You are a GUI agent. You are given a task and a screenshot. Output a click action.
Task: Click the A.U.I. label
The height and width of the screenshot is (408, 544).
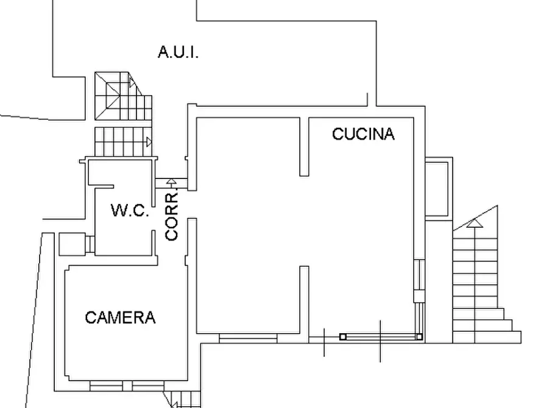coord(178,52)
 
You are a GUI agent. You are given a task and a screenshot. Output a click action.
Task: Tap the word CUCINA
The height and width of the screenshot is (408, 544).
coord(363,134)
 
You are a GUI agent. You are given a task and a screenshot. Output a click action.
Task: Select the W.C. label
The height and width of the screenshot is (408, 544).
coord(130,211)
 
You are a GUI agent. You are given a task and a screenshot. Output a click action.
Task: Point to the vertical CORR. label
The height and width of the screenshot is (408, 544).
coord(172,216)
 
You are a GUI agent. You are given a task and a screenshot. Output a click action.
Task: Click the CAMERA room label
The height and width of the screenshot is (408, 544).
coord(120,317)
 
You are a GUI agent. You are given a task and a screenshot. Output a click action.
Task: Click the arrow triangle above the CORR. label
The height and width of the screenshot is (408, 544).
coord(172,181)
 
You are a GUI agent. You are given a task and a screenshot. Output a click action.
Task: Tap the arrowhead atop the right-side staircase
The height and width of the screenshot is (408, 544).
coord(475,223)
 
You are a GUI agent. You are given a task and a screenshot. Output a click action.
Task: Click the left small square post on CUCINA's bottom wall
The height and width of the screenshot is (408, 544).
coord(343,336)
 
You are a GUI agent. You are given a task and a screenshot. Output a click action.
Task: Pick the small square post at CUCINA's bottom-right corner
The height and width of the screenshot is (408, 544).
coord(420,336)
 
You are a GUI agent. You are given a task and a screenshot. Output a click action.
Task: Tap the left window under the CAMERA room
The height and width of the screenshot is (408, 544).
coord(106,386)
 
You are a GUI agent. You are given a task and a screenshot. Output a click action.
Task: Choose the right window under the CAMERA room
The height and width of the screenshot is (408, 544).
coord(147,386)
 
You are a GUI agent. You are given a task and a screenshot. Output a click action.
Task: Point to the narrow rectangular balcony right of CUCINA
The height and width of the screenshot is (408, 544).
coord(438,188)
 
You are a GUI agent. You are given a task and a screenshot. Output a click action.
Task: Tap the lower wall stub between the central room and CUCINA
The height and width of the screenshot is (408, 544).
coord(303,300)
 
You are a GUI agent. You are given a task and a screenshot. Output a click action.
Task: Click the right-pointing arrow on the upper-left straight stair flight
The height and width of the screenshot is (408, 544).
coord(149,142)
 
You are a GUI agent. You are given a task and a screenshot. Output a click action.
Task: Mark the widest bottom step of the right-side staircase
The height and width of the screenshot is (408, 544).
coord(487,337)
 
